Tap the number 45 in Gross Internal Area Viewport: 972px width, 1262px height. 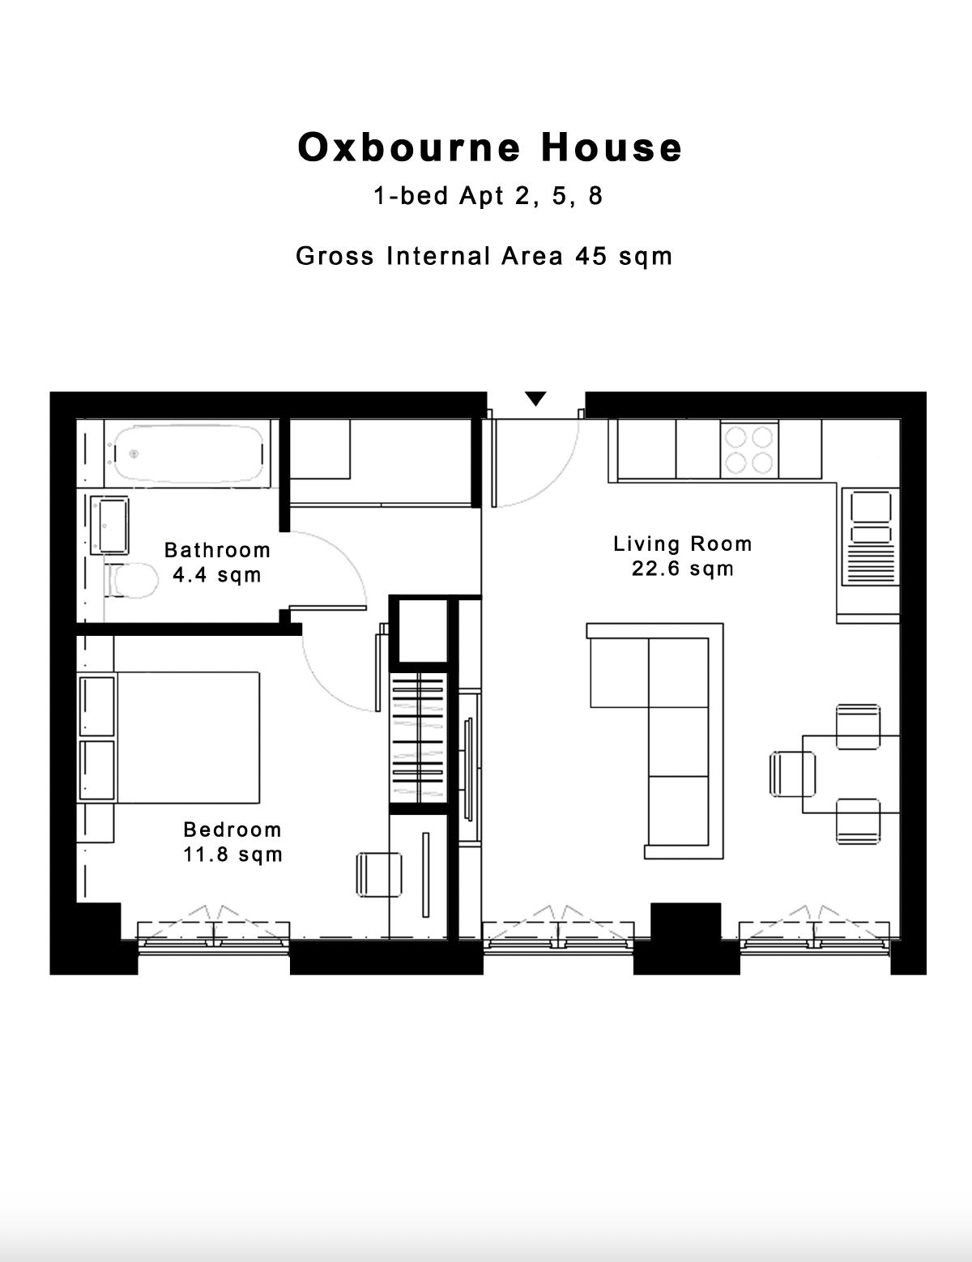click(x=591, y=256)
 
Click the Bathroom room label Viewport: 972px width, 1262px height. click(x=217, y=549)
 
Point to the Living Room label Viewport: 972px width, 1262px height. click(x=683, y=544)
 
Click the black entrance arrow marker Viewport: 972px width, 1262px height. click(x=535, y=399)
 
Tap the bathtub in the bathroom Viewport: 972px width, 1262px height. click(x=189, y=454)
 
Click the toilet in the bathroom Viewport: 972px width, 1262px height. click(x=131, y=580)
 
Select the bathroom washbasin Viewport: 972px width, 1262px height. click(x=109, y=525)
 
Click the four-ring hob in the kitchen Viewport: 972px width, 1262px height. click(x=749, y=450)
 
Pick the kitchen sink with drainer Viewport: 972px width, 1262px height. click(x=871, y=536)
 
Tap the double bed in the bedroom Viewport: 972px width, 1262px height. click(x=168, y=738)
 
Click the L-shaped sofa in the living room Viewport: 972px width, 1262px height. click(x=656, y=740)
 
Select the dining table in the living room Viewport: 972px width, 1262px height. click(x=851, y=774)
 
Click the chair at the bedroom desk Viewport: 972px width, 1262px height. click(x=379, y=874)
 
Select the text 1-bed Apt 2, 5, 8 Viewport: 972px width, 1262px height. click(x=488, y=196)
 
